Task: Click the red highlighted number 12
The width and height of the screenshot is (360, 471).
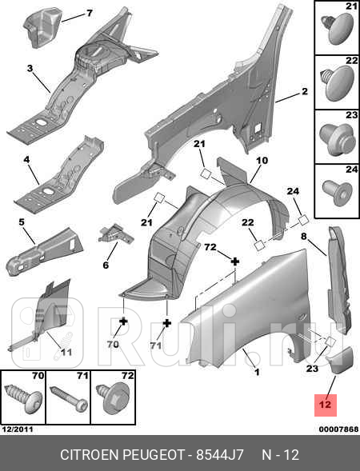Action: pyautogui.click(x=325, y=405)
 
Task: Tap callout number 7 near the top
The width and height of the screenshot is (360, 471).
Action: pyautogui.click(x=90, y=14)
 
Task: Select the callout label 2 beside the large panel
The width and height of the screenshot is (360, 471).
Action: pyautogui.click(x=305, y=91)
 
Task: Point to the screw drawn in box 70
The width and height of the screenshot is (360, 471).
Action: pyautogui.click(x=24, y=398)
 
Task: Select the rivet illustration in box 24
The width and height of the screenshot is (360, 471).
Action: pyautogui.click(x=338, y=193)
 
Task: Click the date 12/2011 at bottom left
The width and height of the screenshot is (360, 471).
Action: pyautogui.click(x=18, y=429)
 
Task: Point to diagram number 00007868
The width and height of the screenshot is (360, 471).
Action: pyautogui.click(x=338, y=429)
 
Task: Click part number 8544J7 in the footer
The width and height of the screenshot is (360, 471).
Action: pyautogui.click(x=220, y=455)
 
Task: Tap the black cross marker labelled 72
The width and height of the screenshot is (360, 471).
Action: pyautogui.click(x=235, y=261)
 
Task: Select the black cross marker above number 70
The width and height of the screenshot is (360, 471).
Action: pyautogui.click(x=123, y=321)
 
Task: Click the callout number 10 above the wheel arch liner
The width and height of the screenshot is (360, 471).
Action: pyautogui.click(x=262, y=161)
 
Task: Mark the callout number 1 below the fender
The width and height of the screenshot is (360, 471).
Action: pyautogui.click(x=257, y=372)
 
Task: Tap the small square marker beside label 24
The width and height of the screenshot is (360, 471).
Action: pyautogui.click(x=303, y=221)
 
